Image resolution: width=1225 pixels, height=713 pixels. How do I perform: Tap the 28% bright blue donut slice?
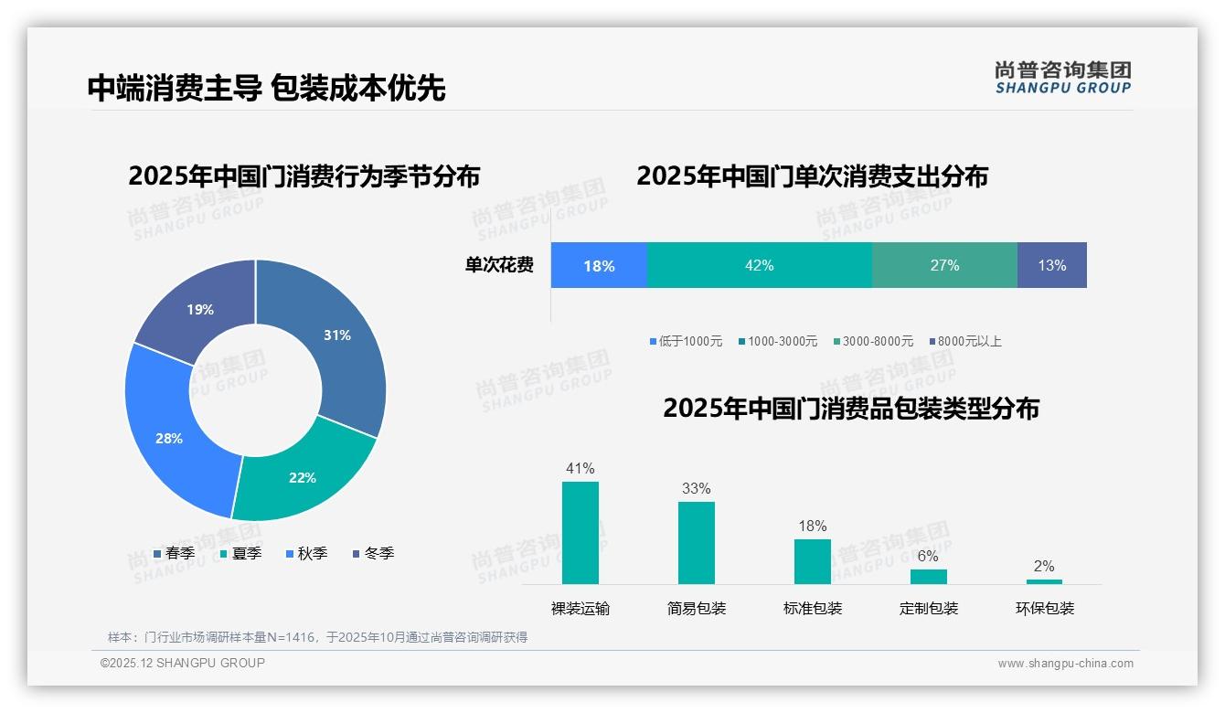coord(169,438)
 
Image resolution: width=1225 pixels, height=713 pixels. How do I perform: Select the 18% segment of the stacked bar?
coord(599,266)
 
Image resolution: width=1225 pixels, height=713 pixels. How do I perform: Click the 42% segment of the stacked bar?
coord(759,266)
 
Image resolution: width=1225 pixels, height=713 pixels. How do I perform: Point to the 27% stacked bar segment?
coord(944,266)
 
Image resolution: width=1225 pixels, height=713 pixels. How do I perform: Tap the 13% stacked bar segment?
coord(1051,266)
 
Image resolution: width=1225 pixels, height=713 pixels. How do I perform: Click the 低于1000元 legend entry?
coord(686,342)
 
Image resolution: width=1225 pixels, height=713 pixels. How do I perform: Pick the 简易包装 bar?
coord(697,543)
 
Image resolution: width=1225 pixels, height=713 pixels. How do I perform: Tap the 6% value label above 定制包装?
coord(928,556)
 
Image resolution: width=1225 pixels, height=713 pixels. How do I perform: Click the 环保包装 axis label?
coord(1045,609)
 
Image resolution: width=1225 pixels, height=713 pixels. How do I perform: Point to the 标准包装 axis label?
coord(813,609)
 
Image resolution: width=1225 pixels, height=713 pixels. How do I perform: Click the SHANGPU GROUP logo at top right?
coord(1063,78)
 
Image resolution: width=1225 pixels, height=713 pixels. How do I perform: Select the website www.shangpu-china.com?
coord(1065,664)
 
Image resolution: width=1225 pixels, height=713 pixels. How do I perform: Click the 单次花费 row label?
coord(499,266)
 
